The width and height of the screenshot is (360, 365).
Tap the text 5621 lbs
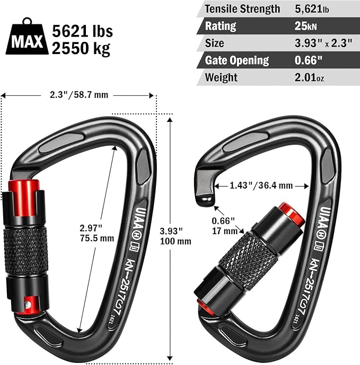coord(82,31)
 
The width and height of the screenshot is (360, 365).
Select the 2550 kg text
coord(81,48)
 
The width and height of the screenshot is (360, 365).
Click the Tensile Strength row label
coord(242,9)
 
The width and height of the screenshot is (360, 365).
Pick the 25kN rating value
coord(305,26)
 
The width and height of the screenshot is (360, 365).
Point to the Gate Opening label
coord(237,60)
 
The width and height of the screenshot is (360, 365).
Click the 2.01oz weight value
coord(309,77)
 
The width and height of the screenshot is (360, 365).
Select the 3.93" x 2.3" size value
coord(323,43)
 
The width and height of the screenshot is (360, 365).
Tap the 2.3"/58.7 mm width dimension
coord(79,95)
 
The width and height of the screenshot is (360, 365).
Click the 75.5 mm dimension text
coord(97,238)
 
